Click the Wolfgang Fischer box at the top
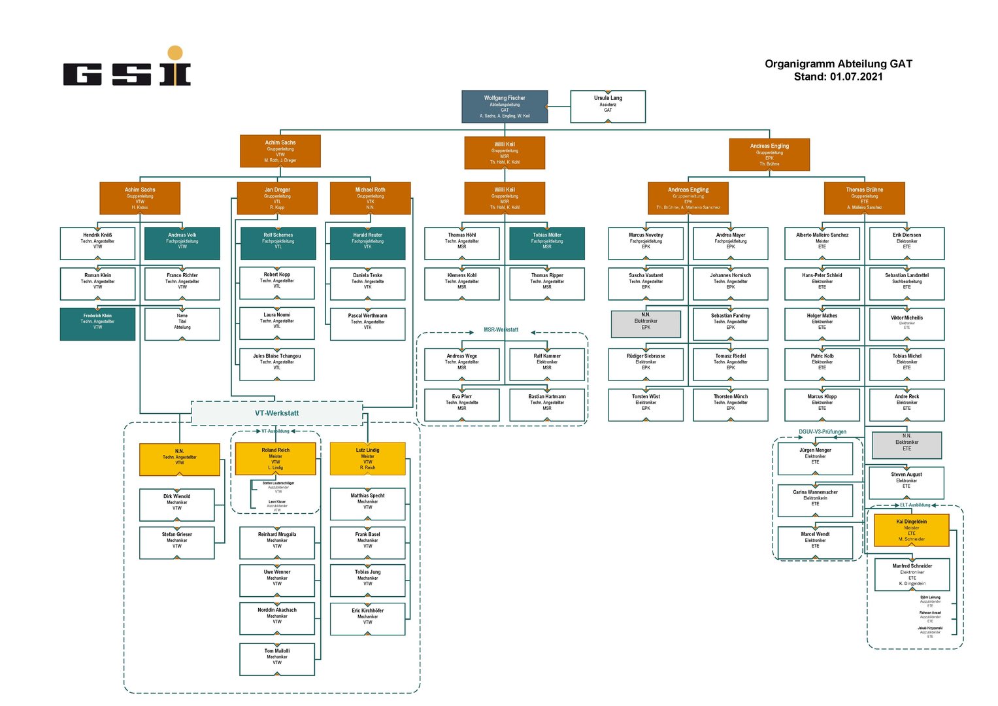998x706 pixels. (504, 107)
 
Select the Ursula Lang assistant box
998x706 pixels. (608, 107)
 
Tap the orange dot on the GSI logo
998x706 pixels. (175, 53)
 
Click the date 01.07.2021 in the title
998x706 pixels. (856, 76)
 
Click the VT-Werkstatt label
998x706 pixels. (276, 413)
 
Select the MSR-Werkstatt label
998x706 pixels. (501, 330)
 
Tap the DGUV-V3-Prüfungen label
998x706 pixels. (822, 431)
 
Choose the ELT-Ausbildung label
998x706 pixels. (915, 505)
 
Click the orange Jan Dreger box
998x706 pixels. (277, 198)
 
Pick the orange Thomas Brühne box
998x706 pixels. (864, 198)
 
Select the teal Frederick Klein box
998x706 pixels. (97, 324)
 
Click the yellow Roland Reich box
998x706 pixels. (275, 459)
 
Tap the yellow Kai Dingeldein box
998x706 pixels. (911, 529)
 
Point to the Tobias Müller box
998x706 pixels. (546, 243)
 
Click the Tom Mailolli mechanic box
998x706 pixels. (277, 659)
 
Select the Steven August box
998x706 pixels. (906, 482)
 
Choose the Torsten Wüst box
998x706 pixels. (646, 405)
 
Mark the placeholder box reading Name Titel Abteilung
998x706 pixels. (182, 324)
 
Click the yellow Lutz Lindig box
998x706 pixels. (367, 459)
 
